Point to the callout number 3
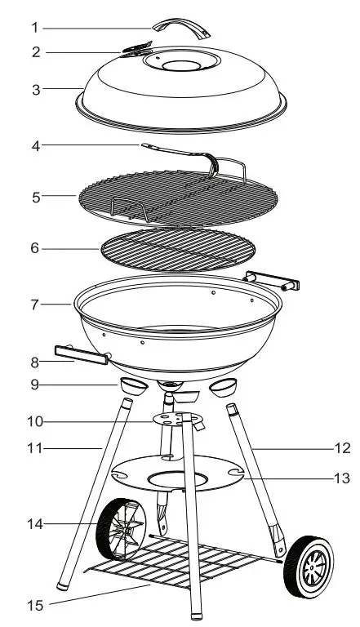34,89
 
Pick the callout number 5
34,196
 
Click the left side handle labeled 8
81,353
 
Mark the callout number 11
34,448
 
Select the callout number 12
343,447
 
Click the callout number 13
343,478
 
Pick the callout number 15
34,605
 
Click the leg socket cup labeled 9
131,385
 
